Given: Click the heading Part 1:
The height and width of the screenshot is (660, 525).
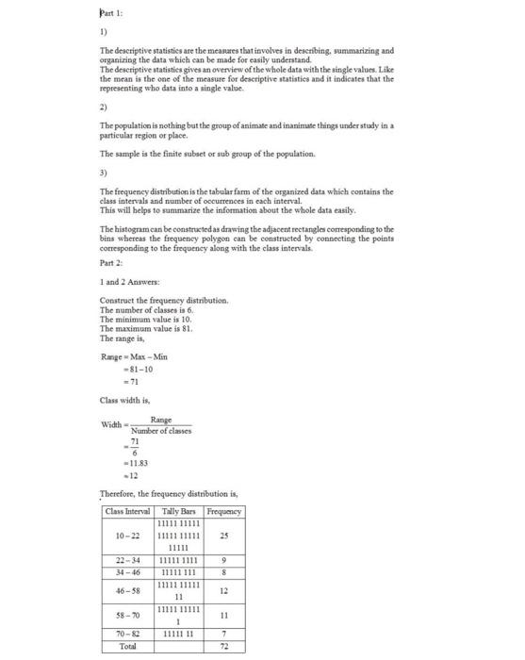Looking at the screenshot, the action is point(110,13).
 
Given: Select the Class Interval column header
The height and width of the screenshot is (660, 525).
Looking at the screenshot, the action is point(130,512).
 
